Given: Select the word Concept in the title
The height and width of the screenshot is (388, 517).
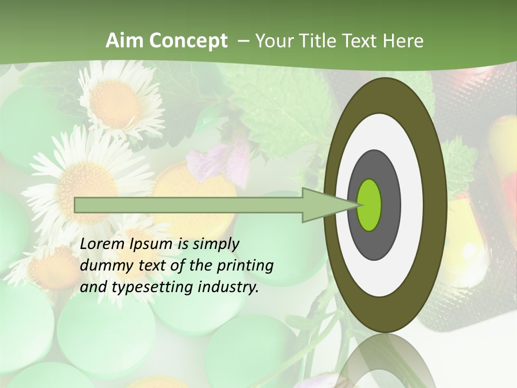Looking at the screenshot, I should [188, 41].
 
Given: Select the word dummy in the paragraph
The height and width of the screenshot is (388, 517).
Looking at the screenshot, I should [103, 266].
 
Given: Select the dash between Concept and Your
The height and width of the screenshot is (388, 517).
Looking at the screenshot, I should [243, 41].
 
